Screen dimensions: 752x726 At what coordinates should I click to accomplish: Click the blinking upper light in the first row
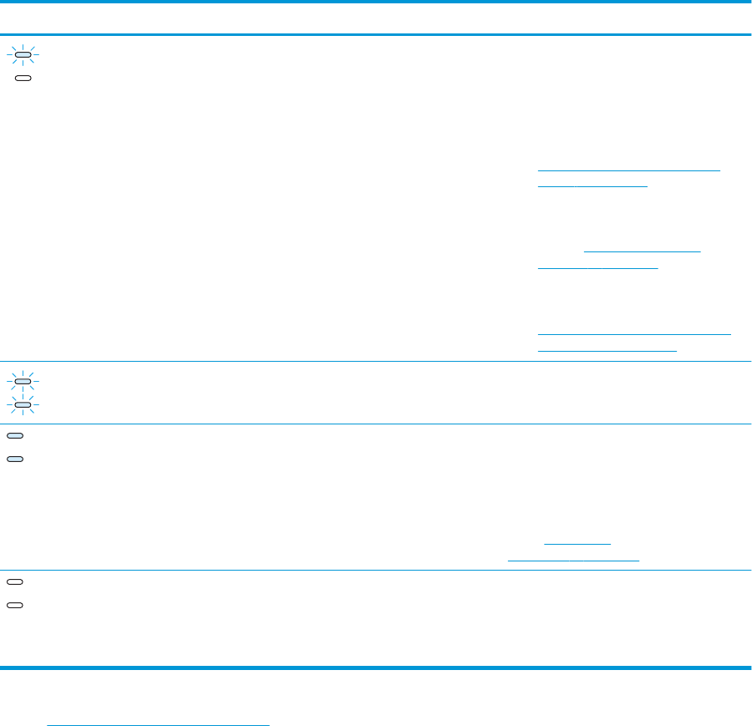(23, 55)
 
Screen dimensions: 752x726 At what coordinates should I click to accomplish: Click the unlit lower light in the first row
(23, 77)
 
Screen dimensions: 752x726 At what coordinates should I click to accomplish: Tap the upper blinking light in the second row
(23, 382)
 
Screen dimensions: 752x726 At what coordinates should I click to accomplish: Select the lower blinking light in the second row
(23, 404)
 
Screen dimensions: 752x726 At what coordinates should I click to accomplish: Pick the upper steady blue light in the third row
(15, 436)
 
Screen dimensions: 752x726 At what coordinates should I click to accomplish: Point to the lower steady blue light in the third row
(15, 459)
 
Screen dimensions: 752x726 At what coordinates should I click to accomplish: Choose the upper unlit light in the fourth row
(15, 581)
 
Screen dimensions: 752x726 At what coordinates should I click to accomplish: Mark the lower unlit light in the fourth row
(15, 603)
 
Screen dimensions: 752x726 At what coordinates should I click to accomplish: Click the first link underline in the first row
(628, 170)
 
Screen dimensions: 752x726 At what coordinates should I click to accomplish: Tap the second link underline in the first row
(592, 186)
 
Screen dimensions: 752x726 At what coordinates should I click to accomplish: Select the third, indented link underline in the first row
(642, 251)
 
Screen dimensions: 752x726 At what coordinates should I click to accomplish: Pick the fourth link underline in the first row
(598, 268)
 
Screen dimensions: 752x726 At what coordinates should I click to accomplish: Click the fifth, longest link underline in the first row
(634, 334)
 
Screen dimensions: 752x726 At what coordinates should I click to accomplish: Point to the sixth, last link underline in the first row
(607, 350)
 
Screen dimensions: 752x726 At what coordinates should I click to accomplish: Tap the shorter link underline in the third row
(577, 543)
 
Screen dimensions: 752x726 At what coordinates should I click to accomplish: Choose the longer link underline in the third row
(573, 560)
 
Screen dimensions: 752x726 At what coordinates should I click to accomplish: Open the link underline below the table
(159, 702)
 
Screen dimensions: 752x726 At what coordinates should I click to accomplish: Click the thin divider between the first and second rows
(376, 361)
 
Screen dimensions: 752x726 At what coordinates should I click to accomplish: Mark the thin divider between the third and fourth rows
(376, 571)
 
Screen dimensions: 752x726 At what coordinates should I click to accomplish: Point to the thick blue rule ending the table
(376, 668)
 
